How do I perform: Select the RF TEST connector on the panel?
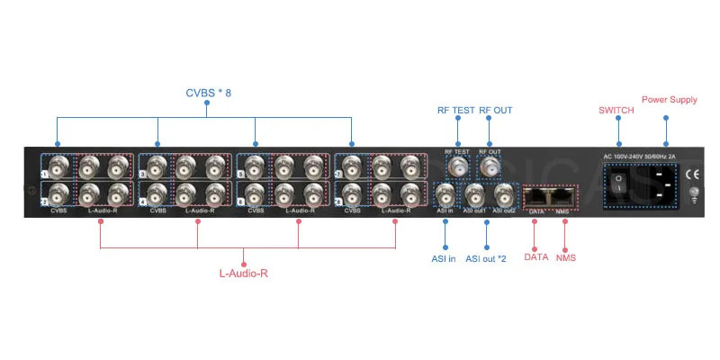pos(458,166)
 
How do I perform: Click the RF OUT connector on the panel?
pos(491,166)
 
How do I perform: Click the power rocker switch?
pos(620,184)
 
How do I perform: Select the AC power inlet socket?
pos(664,185)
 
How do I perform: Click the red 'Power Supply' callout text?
pos(669,99)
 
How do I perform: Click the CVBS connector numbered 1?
pos(59,166)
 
